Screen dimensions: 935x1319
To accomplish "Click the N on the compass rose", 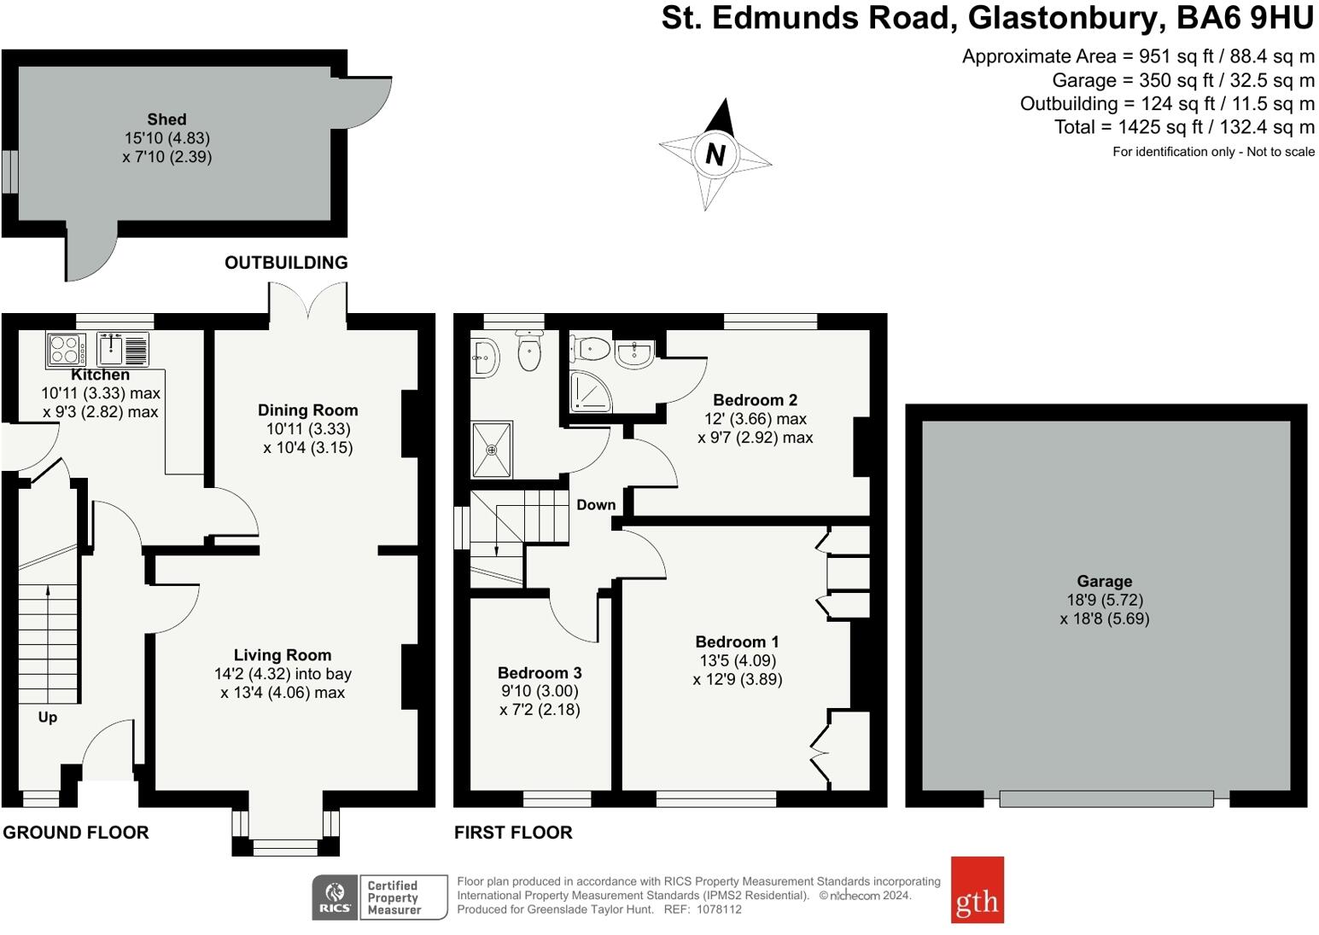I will coord(715,154).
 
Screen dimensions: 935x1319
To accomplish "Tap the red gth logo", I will coord(977,890).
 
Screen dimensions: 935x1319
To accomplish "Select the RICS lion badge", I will coord(335,897).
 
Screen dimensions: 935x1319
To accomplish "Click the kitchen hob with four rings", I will coord(66,350).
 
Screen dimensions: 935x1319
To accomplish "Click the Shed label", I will coord(166,119).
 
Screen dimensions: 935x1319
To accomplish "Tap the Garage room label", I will coord(1104,582).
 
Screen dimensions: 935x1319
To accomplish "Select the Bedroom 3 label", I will coord(540,673).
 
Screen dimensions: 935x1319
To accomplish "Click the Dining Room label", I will coord(307,410).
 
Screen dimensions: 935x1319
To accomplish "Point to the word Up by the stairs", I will coord(48,717).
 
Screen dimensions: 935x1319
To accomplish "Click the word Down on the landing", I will coord(595,505).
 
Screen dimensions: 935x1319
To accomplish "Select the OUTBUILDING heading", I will coord(286,263).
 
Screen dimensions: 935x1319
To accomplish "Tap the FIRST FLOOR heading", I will coord(513,833).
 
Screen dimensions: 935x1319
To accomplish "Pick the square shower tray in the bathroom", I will coord(492,449).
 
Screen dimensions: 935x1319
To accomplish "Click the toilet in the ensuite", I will coord(592,347).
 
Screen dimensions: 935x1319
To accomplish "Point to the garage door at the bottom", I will coord(1106,799).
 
